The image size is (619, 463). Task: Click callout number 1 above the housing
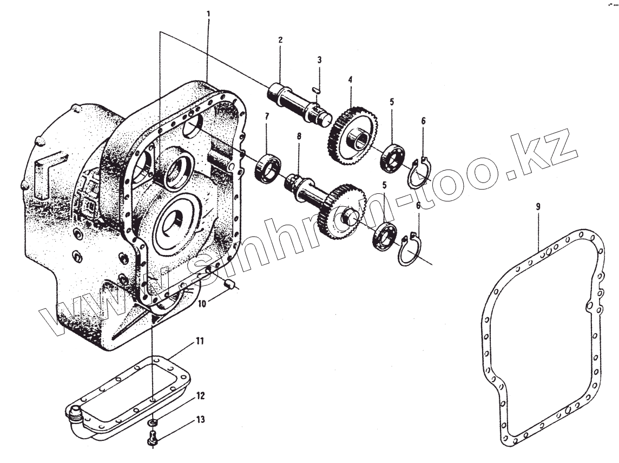pyautogui.click(x=209, y=12)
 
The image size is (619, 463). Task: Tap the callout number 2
pyautogui.click(x=280, y=40)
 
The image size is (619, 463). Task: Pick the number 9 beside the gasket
pyautogui.click(x=538, y=207)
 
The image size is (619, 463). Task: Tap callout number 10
pyautogui.click(x=201, y=304)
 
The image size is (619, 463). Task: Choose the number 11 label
pyautogui.click(x=200, y=341)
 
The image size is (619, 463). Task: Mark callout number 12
pyautogui.click(x=201, y=396)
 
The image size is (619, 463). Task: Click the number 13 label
pyautogui.click(x=201, y=419)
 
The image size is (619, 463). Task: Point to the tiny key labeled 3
pyautogui.click(x=319, y=89)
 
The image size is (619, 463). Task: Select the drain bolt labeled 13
pyautogui.click(x=153, y=438)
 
